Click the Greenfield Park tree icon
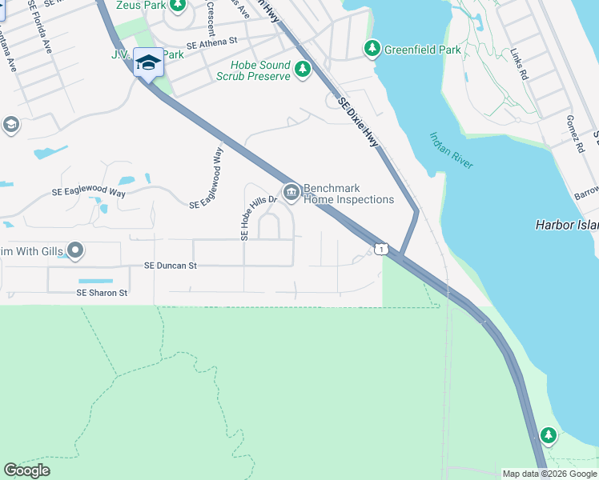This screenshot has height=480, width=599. click(372, 49)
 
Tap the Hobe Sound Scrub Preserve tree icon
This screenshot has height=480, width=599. click(303, 70)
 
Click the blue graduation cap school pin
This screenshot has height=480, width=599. click(148, 62)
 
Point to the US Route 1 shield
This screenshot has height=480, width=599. click(381, 250)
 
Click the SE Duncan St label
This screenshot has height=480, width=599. click(170, 265)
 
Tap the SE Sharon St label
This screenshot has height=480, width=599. click(102, 293)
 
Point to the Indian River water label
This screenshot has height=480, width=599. click(451, 150)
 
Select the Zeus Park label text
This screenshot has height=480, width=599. click(135, 6)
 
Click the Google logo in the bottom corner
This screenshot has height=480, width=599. click(26, 470)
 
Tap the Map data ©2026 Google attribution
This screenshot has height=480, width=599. click(549, 474)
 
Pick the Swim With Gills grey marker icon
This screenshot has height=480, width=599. click(76, 252)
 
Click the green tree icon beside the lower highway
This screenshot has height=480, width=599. click(548, 435)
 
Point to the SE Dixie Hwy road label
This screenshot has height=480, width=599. click(357, 121)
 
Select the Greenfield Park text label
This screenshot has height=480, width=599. click(422, 50)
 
